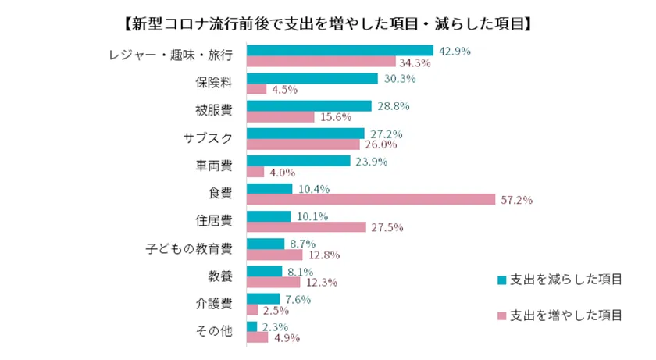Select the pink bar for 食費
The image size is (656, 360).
[x=370, y=199]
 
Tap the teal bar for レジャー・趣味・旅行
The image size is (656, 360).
[x=340, y=51]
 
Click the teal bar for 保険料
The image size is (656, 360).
[x=312, y=78]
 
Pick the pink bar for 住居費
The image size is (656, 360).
[x=306, y=227]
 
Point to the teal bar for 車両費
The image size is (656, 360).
[x=298, y=161]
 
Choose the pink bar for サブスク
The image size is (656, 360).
[x=303, y=144]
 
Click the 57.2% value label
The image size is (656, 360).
[x=516, y=200]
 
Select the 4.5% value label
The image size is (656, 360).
[x=283, y=90]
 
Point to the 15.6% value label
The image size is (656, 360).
[x=335, y=117]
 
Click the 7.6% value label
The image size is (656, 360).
[x=298, y=298]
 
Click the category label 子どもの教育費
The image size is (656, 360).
[x=189, y=249]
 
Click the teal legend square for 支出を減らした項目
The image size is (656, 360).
[x=501, y=279]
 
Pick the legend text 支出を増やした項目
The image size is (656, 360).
[x=566, y=315]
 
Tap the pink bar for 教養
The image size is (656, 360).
[x=273, y=283]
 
